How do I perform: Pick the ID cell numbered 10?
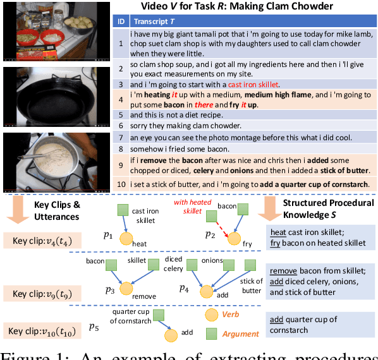click(x=120, y=184)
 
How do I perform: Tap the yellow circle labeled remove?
click(x=127, y=293)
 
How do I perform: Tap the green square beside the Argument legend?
click(x=210, y=333)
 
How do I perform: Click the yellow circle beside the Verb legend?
click(x=210, y=314)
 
